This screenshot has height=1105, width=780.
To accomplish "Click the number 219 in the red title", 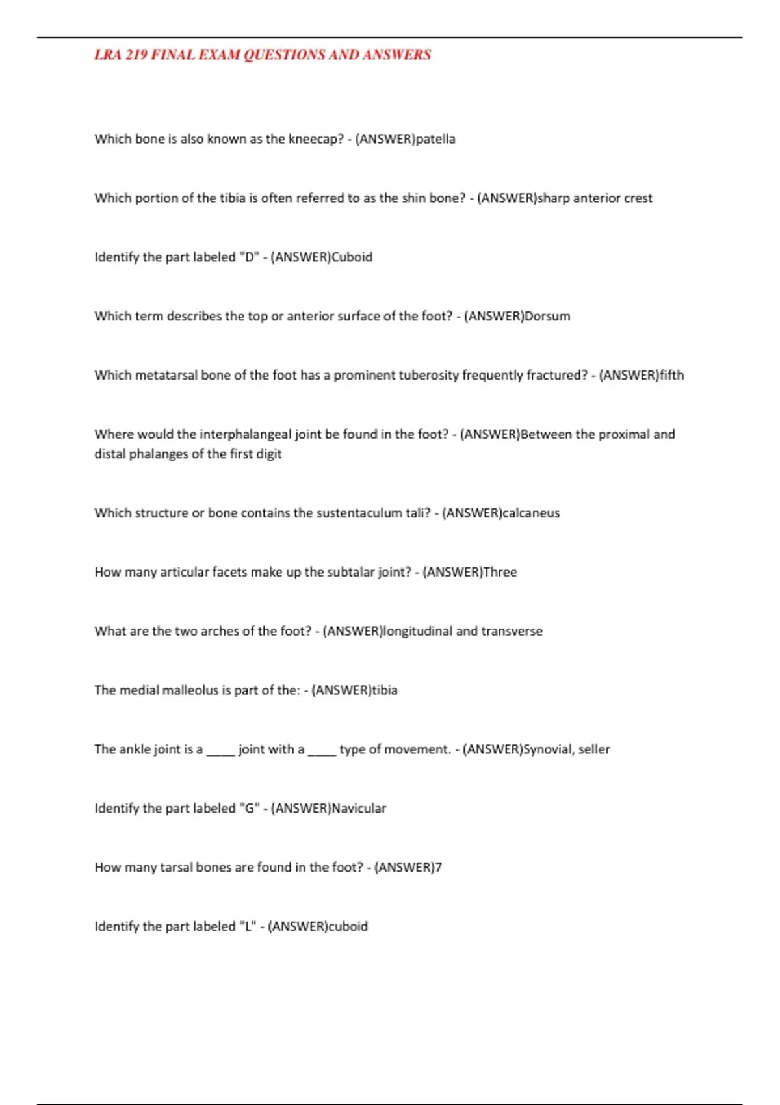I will coord(136,55).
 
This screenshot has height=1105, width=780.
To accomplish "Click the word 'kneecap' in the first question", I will coord(315,139).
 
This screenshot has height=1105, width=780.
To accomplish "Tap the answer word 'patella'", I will coord(435,139).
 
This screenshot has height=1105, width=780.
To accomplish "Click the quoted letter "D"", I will coord(249,257).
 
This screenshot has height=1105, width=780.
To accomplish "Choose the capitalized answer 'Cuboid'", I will coord(352,257).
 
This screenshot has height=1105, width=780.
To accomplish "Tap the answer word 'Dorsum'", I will coord(547,317).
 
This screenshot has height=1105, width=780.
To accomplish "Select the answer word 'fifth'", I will coord(671,376).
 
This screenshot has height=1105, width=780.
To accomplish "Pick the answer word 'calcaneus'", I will coord(531,513).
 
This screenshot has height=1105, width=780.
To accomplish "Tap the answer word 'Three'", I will coord(500,573).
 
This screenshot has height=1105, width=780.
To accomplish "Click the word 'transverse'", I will coord(512,631).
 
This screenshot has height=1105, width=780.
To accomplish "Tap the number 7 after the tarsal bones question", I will coord(439,868).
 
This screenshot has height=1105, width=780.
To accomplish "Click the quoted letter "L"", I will coord(248,926).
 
